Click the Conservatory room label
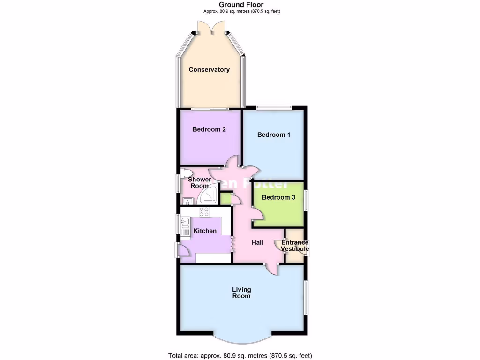[209, 70]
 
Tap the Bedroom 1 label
[274, 135]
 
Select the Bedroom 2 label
[210, 129]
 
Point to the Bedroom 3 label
[278, 197]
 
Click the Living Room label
[241, 292]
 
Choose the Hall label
[257, 242]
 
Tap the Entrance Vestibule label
[295, 246]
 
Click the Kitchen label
[205, 231]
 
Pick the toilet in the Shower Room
[186, 173]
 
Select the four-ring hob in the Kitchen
[204, 211]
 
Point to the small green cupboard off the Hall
[225, 198]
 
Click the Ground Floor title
[241, 5]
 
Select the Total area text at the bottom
[240, 355]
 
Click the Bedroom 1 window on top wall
[274, 107]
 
